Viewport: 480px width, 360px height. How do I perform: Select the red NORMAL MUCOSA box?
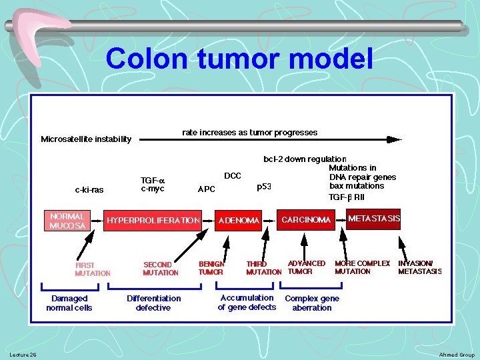coord(67,221)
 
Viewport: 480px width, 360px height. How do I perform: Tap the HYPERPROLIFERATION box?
coord(153,220)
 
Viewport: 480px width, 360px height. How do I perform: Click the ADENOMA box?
coord(239,221)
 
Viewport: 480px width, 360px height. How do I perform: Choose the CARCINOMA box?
coord(306,220)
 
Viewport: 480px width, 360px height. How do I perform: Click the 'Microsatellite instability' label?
coord(86,139)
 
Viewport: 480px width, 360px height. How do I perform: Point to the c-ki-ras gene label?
coord(89,189)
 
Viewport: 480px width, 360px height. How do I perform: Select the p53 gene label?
coord(264,187)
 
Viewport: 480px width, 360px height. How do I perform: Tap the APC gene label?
coord(207,189)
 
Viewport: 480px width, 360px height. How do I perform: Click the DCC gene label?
coord(233,175)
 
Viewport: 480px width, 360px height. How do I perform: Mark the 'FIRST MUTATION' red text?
coord(93,269)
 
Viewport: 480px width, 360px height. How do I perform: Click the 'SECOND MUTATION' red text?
coord(161,269)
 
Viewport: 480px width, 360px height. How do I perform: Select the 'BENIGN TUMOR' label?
coord(211,267)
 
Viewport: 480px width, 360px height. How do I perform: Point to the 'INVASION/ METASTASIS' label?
coord(419,267)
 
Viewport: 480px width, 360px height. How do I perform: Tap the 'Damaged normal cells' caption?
coord(69,303)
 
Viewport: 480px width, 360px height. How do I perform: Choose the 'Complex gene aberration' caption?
coord(312,303)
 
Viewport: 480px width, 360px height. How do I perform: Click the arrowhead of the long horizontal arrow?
coord(395,139)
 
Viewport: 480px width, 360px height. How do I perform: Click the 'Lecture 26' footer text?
coord(23,354)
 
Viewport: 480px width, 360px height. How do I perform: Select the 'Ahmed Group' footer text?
coord(457,355)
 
